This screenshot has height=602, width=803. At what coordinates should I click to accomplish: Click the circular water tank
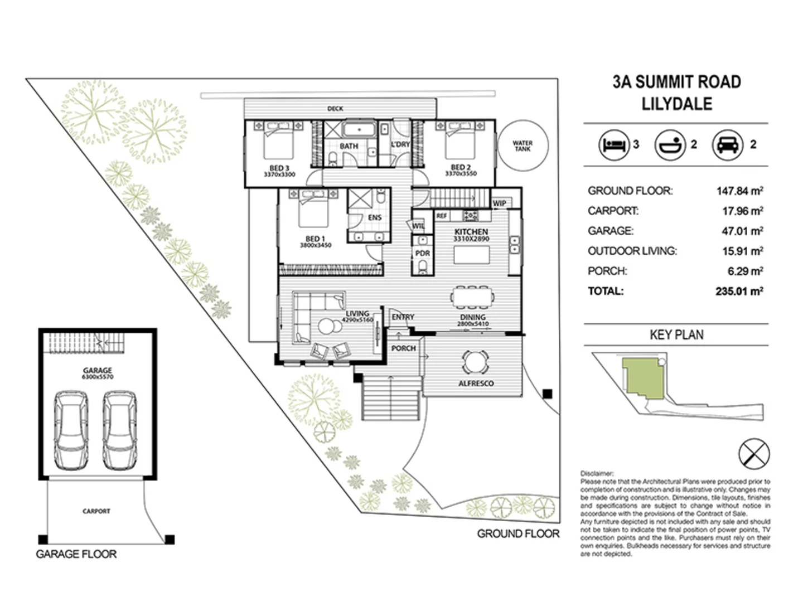tap(523, 146)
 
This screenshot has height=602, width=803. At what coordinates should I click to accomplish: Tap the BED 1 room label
tap(315, 239)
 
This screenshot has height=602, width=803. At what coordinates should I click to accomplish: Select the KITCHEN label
tap(471, 231)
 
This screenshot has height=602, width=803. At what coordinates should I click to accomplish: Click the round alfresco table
tap(475, 362)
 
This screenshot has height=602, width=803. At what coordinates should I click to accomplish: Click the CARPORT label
tap(96, 511)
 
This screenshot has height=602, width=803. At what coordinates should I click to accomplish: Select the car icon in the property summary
tap(727, 145)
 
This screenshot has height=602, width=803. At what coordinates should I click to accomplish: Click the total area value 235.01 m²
tap(739, 291)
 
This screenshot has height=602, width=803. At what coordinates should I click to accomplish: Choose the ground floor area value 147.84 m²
tap(739, 191)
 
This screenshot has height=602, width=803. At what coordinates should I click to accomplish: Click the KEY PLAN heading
tap(676, 335)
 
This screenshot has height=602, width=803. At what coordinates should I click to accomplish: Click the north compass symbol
tap(754, 453)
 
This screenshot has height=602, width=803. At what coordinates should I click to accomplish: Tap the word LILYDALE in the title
tap(677, 104)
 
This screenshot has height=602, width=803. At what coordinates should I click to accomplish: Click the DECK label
tap(335, 109)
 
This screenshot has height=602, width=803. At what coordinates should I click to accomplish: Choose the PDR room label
tap(423, 253)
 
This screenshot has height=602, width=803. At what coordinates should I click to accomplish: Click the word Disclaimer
tap(597, 473)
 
